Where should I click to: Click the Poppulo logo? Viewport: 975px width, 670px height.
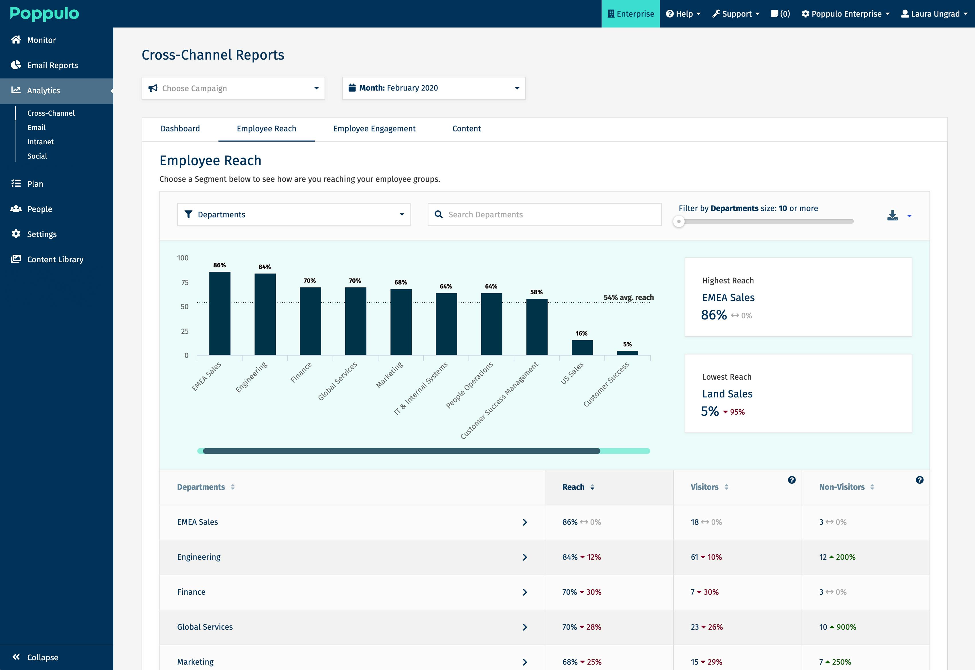[44, 13]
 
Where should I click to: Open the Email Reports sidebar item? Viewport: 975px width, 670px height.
[52, 65]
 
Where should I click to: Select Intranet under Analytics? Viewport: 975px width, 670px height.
[40, 141]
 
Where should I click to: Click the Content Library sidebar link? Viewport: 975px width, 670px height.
[55, 259]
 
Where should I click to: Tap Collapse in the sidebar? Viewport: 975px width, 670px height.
[42, 657]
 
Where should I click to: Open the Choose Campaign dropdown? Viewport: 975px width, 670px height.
[233, 88]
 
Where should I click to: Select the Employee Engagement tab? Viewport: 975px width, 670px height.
[374, 129]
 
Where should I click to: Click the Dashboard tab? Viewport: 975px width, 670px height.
[180, 129]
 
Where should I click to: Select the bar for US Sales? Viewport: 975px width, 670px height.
[582, 347]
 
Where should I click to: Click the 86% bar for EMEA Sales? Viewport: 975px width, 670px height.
[220, 313]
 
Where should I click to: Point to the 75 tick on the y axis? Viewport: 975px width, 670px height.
[185, 283]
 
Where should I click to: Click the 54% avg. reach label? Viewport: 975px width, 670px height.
[628, 297]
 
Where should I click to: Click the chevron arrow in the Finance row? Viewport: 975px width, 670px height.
[525, 592]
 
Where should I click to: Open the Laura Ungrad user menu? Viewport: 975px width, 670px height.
[934, 14]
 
